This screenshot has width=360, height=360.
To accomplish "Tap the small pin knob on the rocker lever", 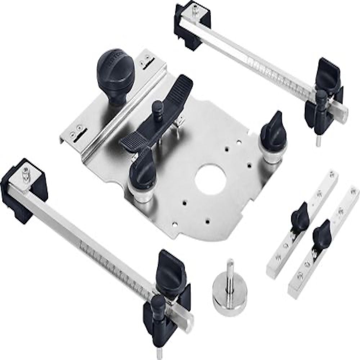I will click(157, 108).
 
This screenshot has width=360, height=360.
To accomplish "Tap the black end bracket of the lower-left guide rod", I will click(23, 191).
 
